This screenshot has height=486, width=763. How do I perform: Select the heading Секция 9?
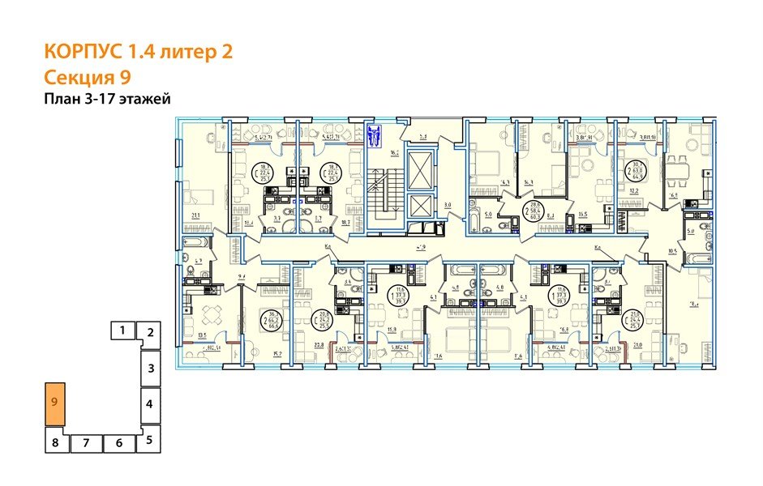[85, 77]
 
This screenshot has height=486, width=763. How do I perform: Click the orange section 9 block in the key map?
[55, 403]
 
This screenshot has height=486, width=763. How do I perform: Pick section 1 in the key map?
[122, 330]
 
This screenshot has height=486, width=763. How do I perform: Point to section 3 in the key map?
[150, 369]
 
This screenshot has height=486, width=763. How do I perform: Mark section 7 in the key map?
[86, 443]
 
